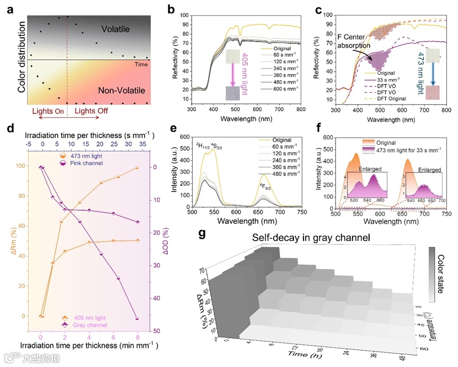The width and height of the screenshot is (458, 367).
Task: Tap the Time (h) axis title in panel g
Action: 301,354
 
